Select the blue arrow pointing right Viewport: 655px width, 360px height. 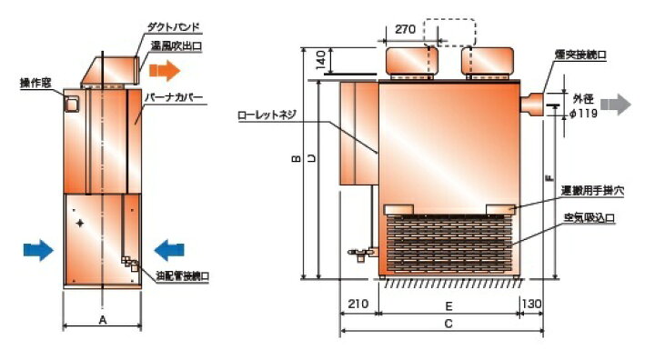pyautogui.click(x=37, y=248)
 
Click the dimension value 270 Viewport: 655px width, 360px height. pyautogui.click(x=407, y=29)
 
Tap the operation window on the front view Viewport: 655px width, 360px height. pyautogui.click(x=69, y=104)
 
